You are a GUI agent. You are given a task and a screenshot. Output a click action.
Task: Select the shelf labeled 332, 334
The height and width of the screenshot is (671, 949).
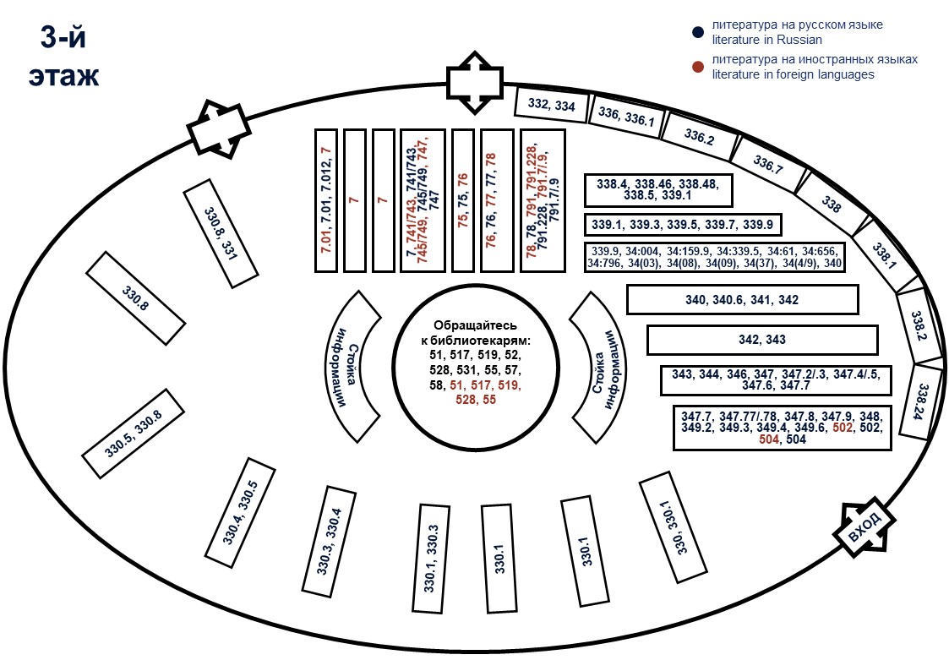point(551,105)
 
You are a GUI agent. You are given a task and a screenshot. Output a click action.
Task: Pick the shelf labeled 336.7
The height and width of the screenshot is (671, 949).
point(768,166)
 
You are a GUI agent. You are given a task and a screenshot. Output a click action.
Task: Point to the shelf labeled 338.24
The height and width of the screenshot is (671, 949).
point(916,401)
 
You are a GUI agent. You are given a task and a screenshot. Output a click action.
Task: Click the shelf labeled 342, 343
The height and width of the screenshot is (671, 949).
point(763,340)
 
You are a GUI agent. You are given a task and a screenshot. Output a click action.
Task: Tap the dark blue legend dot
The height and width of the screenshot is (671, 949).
point(698,33)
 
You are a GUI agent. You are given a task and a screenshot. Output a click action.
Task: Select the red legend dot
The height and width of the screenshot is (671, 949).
point(698,67)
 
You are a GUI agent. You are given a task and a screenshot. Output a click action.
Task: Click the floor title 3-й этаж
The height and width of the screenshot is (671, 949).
point(63,57)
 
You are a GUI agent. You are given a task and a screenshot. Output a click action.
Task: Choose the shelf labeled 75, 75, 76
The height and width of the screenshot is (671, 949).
point(462,200)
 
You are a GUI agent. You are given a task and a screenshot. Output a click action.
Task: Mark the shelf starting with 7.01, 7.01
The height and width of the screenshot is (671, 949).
point(327,200)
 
